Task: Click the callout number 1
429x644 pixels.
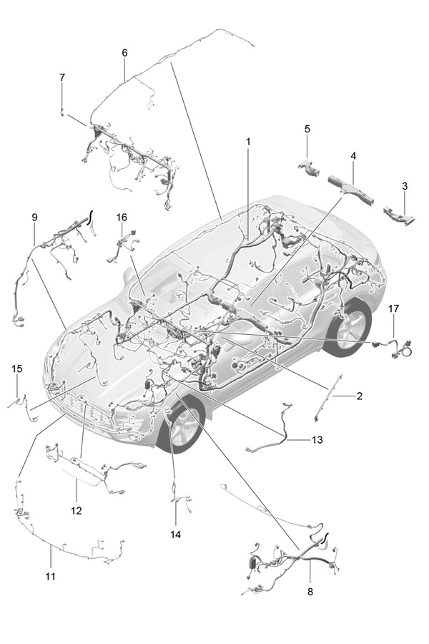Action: click(x=248, y=142)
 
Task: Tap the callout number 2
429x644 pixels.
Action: click(x=360, y=396)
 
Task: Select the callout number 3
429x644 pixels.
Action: click(x=405, y=186)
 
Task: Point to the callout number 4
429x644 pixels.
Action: click(x=353, y=155)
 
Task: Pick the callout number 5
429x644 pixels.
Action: click(x=307, y=129)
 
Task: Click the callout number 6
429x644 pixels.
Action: click(x=124, y=53)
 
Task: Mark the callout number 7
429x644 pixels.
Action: click(x=62, y=77)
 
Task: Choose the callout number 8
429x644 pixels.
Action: click(x=310, y=592)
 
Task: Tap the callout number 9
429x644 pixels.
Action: click(x=34, y=217)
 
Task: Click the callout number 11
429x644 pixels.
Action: click(x=50, y=575)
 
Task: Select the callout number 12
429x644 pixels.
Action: click(x=77, y=511)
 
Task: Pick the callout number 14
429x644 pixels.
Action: click(x=176, y=535)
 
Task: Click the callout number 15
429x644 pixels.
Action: click(x=17, y=369)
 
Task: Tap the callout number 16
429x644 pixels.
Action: click(x=122, y=217)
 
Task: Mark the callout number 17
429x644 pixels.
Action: click(x=393, y=308)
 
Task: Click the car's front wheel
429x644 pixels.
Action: click(x=182, y=426)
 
